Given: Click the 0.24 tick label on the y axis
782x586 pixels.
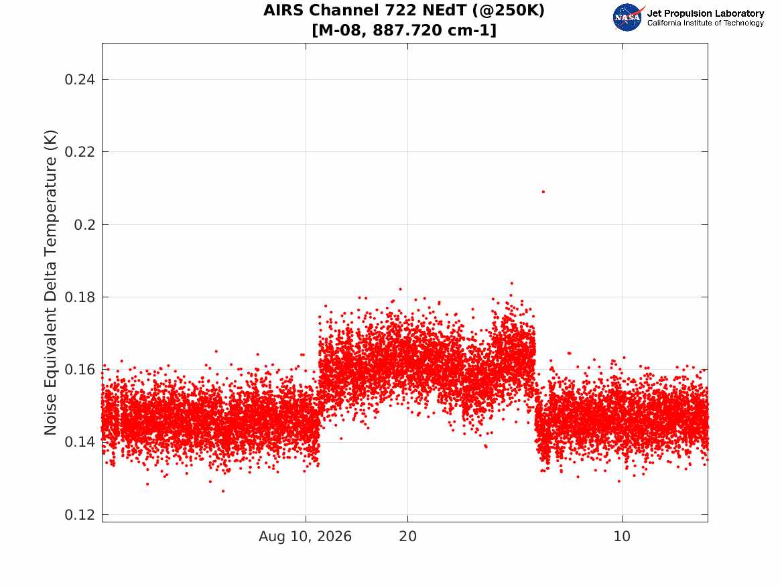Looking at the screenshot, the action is pos(80,80).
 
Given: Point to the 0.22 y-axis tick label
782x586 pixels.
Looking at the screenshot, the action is pos(80,152).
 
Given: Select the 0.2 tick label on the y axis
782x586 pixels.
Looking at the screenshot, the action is pos(84,225).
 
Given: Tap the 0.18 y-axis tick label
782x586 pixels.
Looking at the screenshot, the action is pos(80,297).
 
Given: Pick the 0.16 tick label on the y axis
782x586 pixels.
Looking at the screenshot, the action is pos(80,370).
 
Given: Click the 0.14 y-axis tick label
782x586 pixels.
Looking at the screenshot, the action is pos(80,442).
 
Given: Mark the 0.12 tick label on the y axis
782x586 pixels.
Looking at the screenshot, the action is pos(80,515).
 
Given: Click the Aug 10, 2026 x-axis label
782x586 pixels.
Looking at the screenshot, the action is pos(305,536).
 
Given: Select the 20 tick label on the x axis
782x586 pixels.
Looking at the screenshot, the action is pos(408,536).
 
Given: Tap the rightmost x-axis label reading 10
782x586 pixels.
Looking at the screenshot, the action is pos(623,536).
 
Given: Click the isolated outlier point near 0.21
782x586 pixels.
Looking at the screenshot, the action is pos(543,192).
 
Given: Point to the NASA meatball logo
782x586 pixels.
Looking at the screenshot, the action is pos(627,17).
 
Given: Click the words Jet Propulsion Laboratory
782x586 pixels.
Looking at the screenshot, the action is pos(706,13).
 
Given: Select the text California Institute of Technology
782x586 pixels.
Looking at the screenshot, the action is pos(706,23).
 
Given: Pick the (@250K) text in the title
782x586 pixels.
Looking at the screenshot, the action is pos(508,11).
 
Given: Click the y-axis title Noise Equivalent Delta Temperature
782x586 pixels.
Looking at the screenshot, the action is pos(50,283).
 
